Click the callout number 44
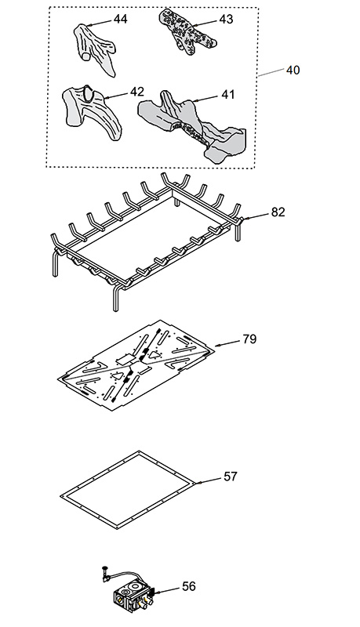tap(121, 19)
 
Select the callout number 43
tap(226, 19)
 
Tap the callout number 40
tap(293, 70)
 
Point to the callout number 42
tap(136, 92)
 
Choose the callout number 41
tap(228, 94)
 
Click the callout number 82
tap(278, 212)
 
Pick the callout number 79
tap(249, 339)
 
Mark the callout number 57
tap(231, 477)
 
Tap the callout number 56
tap(189, 586)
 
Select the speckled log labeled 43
tap(186, 31)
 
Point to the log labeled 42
tap(91, 111)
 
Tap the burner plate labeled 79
tap(136, 365)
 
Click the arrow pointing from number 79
tap(227, 342)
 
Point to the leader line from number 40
tap(271, 72)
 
